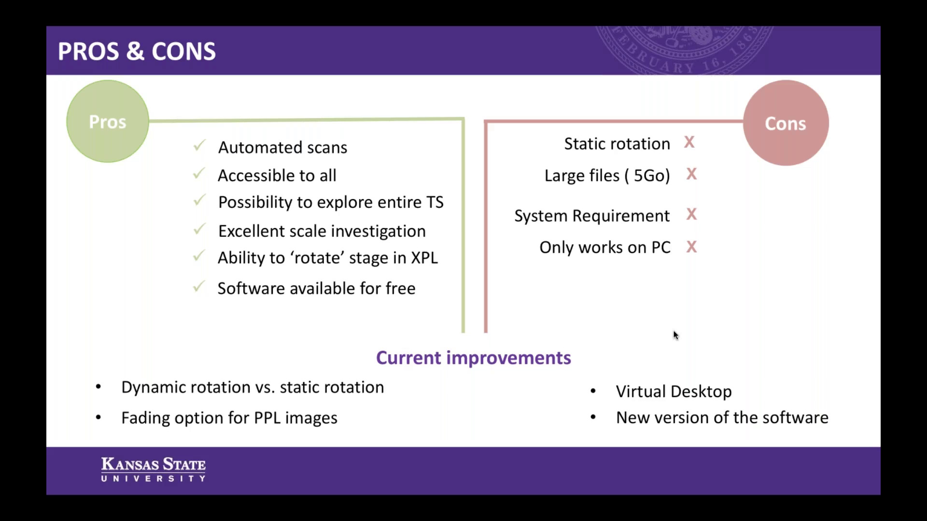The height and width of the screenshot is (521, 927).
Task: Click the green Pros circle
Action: pos(108,121)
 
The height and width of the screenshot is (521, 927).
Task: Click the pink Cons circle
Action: pos(786,123)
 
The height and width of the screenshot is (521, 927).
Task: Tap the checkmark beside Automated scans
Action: pos(199,145)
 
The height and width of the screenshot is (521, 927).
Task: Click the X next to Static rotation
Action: pos(689,142)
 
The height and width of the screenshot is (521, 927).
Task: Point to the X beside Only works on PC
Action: pos(691,247)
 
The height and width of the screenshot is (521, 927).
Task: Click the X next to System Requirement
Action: pos(691,214)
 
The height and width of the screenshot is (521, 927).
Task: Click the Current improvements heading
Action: pos(474,358)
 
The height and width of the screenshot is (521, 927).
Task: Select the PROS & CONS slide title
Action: pos(137,51)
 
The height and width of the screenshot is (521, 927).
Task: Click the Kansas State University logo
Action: pos(154,469)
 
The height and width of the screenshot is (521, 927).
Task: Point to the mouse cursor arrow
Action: pos(675,335)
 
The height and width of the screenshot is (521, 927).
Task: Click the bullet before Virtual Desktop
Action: pos(593,391)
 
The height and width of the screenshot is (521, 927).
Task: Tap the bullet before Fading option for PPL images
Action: pos(98,417)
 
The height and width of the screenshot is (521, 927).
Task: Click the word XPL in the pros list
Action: pos(424,258)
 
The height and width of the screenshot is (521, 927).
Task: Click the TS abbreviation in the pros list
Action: pos(435,202)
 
